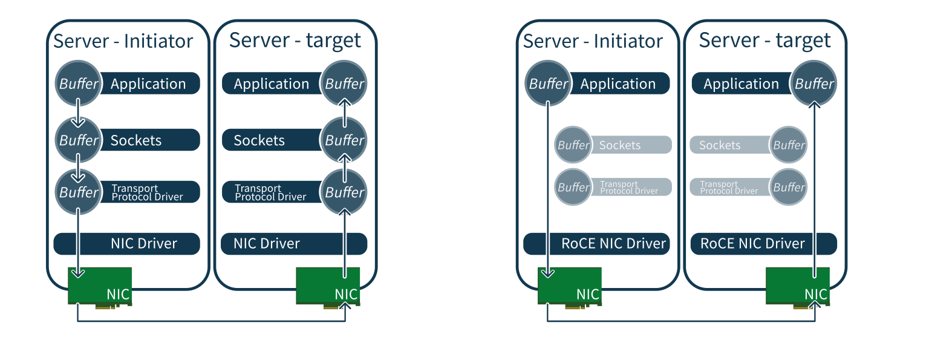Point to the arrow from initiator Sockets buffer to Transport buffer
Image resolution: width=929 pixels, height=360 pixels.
(78, 168)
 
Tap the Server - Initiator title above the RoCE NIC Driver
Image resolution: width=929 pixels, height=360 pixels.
(593, 41)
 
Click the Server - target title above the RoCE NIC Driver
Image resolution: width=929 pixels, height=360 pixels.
(764, 41)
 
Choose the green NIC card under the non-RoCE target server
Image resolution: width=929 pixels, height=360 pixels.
(327, 286)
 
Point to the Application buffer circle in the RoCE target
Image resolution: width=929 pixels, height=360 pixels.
(814, 83)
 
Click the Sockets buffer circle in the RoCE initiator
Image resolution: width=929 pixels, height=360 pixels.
(573, 145)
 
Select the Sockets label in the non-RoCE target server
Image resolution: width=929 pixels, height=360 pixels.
(259, 140)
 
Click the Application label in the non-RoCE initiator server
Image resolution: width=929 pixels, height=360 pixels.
(148, 83)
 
